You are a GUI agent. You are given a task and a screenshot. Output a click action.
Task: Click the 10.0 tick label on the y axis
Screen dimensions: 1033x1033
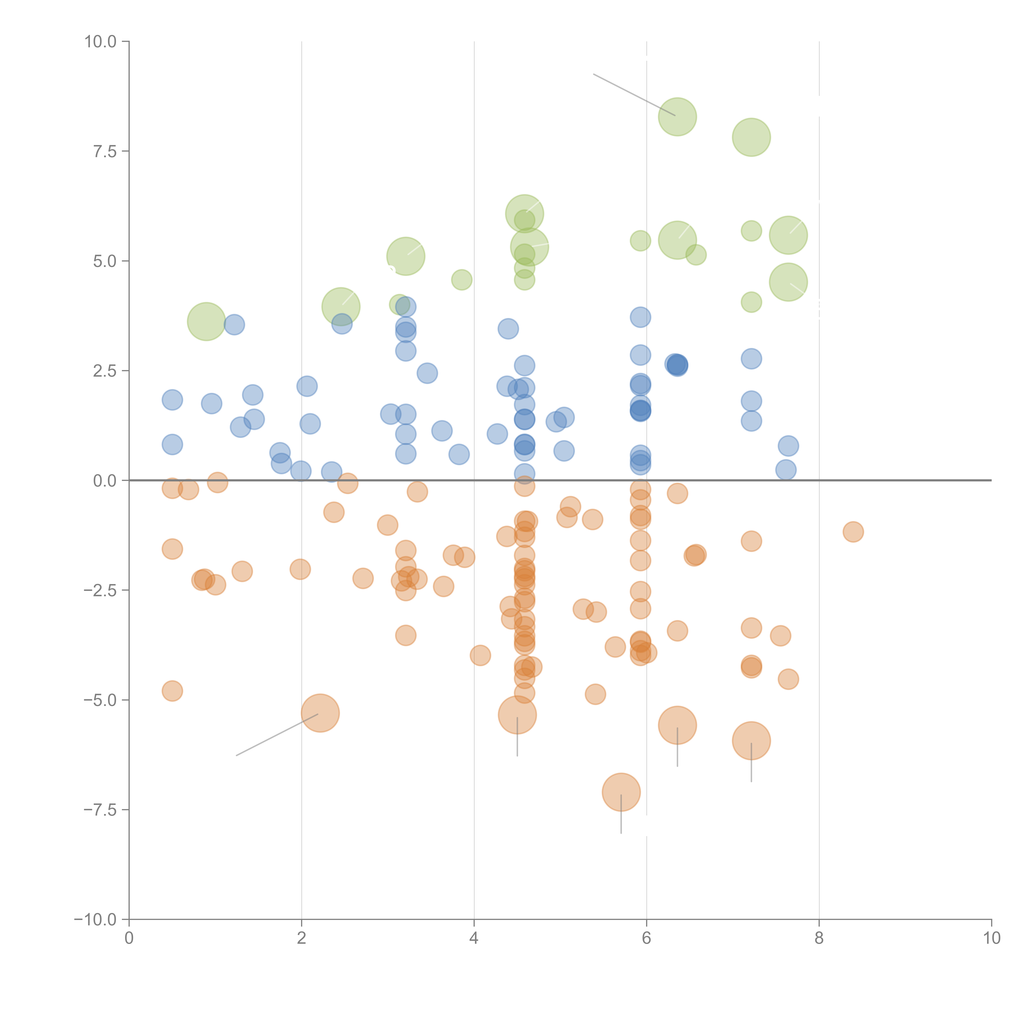coord(101,42)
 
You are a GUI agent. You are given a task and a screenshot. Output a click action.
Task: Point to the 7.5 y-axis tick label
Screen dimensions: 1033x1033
coord(105,151)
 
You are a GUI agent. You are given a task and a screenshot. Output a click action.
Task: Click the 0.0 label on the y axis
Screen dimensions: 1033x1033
coord(105,481)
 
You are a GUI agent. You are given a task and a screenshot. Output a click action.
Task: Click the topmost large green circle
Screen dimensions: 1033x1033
coord(677,117)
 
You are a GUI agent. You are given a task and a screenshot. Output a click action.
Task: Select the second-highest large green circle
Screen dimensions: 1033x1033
coord(751,137)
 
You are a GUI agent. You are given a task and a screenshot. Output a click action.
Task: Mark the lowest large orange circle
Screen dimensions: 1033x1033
coord(621,792)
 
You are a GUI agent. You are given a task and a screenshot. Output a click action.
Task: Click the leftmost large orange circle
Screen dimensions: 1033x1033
coord(320,713)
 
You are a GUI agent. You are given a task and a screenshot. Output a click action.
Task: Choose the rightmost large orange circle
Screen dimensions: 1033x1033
coord(751,740)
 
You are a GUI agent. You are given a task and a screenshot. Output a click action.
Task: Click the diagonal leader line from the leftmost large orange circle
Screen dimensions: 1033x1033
coord(277,735)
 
